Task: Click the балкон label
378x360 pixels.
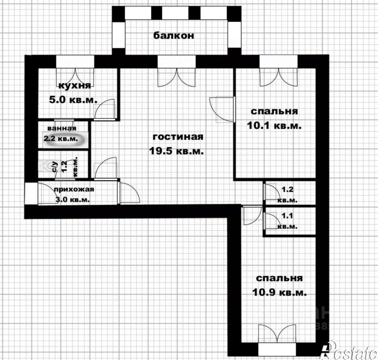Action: [x=174, y=35]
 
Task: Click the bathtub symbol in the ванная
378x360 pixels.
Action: [x=62, y=139]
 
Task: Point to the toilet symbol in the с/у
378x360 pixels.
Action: [x=52, y=166]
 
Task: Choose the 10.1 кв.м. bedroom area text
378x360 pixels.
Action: [x=274, y=126]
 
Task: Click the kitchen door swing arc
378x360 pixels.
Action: [x=107, y=108]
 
